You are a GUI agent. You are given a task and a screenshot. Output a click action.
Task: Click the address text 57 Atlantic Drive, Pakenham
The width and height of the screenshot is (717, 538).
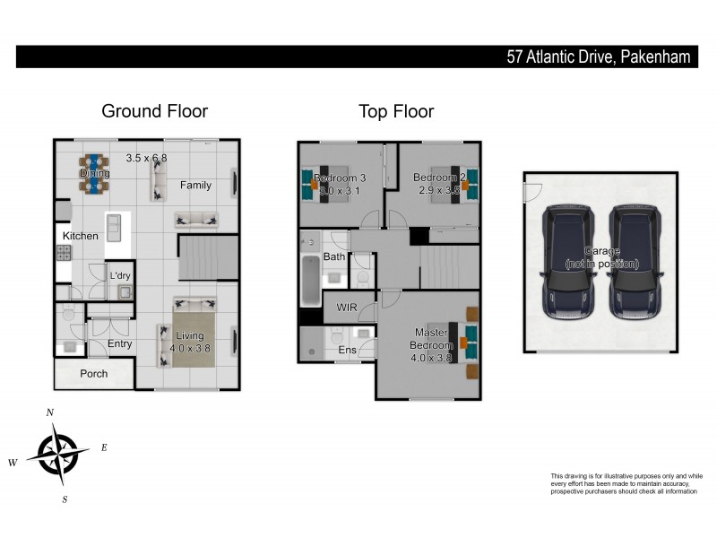coord(598,57)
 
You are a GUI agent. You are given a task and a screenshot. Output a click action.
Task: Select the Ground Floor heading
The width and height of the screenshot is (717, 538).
coord(154,111)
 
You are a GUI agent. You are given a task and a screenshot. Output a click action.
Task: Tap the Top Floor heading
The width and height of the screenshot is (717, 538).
coord(396,112)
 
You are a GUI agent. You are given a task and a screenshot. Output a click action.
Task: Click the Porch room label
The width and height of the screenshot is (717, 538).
coord(94,374)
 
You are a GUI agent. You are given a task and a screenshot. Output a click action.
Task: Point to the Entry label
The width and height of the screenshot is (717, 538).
coord(119,343)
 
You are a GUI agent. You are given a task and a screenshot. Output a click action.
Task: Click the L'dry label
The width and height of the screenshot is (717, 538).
coord(120,276)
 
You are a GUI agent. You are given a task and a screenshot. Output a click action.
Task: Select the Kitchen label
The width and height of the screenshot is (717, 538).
coord(80,236)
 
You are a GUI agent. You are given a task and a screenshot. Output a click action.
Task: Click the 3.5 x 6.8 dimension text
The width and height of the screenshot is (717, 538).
coord(146,158)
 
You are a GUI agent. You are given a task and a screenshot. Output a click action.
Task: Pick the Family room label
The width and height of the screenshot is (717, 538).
coord(195,186)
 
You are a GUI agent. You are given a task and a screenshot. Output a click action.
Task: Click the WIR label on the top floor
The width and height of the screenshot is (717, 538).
coord(348,308)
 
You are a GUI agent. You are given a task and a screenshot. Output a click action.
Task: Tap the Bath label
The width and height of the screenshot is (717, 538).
coord(333,257)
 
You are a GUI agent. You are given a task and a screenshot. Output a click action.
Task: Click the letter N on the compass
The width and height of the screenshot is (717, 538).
coord(50,412)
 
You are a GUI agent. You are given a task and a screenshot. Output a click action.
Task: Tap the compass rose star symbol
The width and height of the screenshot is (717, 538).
coord(58,453)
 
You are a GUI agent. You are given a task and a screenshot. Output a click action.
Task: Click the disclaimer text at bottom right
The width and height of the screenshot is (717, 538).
coord(626,484)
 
